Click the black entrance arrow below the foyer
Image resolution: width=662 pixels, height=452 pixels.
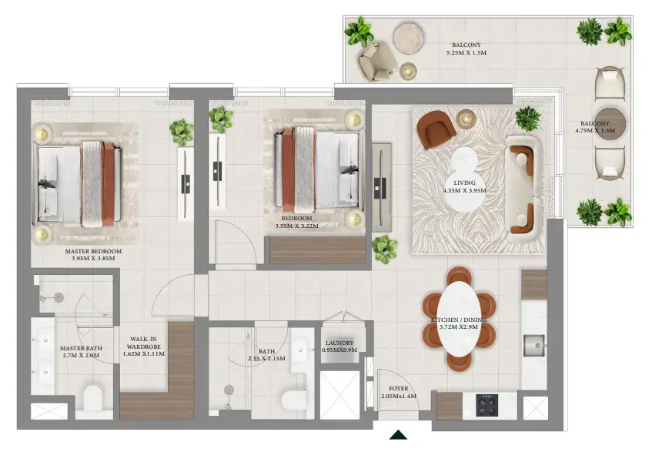pyautogui.click(x=398, y=435)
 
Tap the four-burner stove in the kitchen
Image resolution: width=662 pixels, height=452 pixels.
pyautogui.click(x=486, y=405)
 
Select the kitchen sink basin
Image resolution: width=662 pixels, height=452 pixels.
pyautogui.click(x=534, y=345)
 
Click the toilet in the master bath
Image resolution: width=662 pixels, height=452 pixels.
pyautogui.click(x=93, y=397)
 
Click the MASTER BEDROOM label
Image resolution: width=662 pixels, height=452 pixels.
pyautogui.click(x=93, y=251)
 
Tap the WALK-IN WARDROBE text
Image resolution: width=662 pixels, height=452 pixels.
pyautogui.click(x=143, y=343)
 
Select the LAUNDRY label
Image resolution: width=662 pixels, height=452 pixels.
pyautogui.click(x=339, y=343)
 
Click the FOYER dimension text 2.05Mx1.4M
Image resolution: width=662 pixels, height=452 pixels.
pyautogui.click(x=399, y=397)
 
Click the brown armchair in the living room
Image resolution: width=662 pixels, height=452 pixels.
pyautogui.click(x=436, y=129)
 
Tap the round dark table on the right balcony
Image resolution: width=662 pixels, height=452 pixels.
pyautogui.click(x=610, y=123)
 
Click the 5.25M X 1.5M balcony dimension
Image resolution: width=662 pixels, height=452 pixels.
pyautogui.click(x=466, y=53)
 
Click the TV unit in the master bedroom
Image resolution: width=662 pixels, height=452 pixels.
pyautogui.click(x=186, y=183)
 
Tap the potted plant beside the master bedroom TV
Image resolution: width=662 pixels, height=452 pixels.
pyautogui.click(x=182, y=132)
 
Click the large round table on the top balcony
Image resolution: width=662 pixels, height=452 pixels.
pyautogui.click(x=409, y=39)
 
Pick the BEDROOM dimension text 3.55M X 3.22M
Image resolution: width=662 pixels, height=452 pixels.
pyautogui.click(x=297, y=226)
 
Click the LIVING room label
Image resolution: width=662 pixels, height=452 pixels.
pyautogui.click(x=464, y=183)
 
